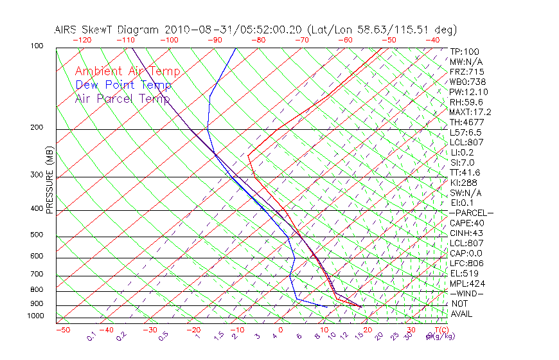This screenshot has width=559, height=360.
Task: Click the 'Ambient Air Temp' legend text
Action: click(x=127, y=71)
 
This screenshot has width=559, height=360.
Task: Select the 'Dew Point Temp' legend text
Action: click(x=123, y=85)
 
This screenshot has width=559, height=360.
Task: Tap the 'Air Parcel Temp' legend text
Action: click(x=122, y=98)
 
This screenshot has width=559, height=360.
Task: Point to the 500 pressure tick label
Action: click(x=36, y=235)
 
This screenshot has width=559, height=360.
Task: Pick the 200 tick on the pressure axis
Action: click(x=36, y=128)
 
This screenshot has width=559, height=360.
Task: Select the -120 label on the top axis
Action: click(x=82, y=40)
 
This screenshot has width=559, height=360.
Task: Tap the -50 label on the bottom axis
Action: click(x=62, y=330)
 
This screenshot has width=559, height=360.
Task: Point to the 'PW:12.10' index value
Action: click(x=468, y=92)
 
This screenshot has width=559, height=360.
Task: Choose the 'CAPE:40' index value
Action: click(x=466, y=223)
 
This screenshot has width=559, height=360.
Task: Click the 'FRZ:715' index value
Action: click(x=467, y=72)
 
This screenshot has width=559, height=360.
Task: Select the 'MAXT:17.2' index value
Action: click(x=470, y=113)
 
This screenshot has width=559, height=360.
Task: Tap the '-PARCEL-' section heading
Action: click(x=471, y=213)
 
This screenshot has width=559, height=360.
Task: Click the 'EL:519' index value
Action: click(x=464, y=273)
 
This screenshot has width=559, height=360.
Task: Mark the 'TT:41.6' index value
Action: click(x=465, y=172)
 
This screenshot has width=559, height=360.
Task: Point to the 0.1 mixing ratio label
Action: click(x=92, y=336)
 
